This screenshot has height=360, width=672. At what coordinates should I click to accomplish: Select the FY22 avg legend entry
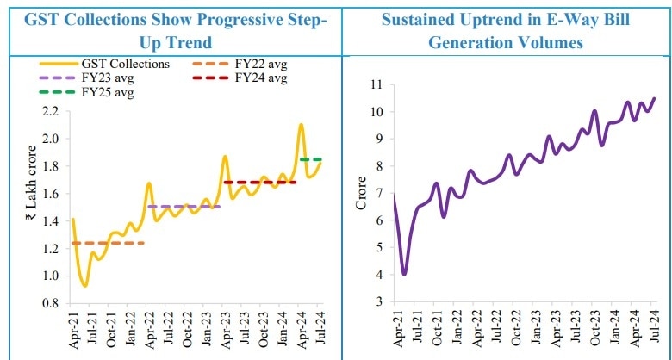(x=259, y=63)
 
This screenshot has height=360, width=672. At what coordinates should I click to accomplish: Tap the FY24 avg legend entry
(x=259, y=78)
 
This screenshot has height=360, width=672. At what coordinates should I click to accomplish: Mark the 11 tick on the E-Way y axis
(x=375, y=84)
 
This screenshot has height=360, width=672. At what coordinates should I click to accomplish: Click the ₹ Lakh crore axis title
(x=31, y=208)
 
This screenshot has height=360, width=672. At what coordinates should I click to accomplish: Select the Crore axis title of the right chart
(x=362, y=194)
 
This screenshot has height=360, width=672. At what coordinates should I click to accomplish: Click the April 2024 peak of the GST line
(x=301, y=125)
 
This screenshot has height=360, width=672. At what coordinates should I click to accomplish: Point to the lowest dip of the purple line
(x=404, y=274)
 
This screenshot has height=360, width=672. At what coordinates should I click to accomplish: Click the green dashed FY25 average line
(x=311, y=159)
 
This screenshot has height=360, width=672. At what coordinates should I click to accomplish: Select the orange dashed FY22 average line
(x=109, y=243)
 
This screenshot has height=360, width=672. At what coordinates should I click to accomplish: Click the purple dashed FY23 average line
(x=184, y=207)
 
